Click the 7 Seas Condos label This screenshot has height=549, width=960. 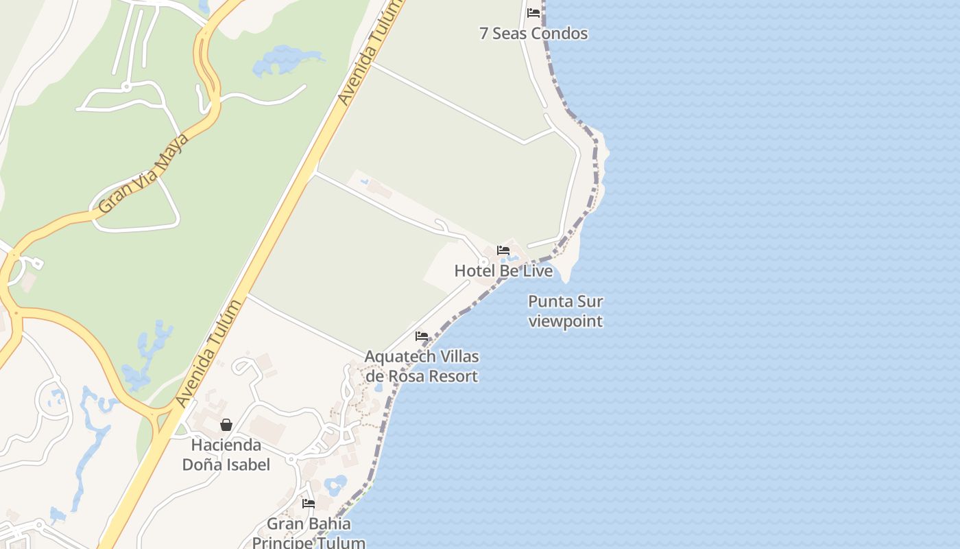(533, 34)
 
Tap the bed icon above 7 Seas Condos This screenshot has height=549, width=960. (533, 13)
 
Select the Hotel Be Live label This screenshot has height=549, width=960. (503, 271)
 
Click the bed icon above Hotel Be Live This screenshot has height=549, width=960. (503, 250)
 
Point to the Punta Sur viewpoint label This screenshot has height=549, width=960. (566, 311)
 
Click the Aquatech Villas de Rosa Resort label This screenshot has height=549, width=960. (421, 366)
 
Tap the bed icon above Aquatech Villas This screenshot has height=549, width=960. (422, 336)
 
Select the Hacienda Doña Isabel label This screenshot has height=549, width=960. (226, 455)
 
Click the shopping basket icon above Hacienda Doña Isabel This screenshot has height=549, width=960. (226, 425)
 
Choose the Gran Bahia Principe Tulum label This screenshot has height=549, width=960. (309, 533)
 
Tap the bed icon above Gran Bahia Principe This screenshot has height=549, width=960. (309, 504)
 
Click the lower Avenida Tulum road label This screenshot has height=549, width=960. (208, 353)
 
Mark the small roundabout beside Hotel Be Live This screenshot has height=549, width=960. (483, 262)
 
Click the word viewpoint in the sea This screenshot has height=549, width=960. (566, 321)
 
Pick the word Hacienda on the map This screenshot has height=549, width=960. (226, 445)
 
